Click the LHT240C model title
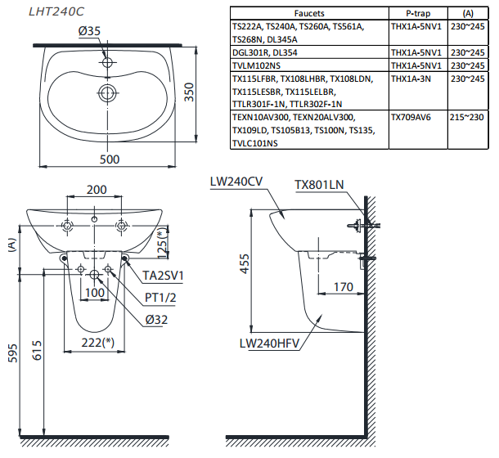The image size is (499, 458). pyautogui.click(x=56, y=11)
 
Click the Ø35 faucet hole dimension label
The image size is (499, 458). pyautogui.click(x=89, y=31)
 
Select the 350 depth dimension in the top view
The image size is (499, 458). pyautogui.click(x=189, y=92)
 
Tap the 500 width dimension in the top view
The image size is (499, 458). pyautogui.click(x=110, y=159)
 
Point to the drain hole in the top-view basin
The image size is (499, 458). pyautogui.click(x=107, y=93)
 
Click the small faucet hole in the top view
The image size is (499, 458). pyautogui.click(x=107, y=62)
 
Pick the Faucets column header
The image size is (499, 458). pyautogui.click(x=309, y=13)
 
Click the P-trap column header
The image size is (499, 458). pyautogui.click(x=418, y=13)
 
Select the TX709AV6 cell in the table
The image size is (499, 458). pyautogui.click(x=411, y=117)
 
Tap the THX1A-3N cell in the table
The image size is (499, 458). pyautogui.click(x=411, y=79)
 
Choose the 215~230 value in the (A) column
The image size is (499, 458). pyautogui.click(x=467, y=117)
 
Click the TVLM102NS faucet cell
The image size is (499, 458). pyautogui.click(x=257, y=65)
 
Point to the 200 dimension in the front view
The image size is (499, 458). pyautogui.click(x=97, y=190)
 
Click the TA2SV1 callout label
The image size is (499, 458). pyautogui.click(x=163, y=276)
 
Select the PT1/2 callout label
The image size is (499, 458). pyautogui.click(x=160, y=298)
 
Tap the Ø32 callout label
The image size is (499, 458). pyautogui.click(x=156, y=320)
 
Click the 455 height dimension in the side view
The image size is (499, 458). pyautogui.click(x=245, y=263)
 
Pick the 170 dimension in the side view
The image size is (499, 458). pyautogui.click(x=344, y=287)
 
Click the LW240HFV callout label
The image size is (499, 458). pyautogui.click(x=270, y=343)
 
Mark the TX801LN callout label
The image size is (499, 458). pyautogui.click(x=319, y=185)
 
